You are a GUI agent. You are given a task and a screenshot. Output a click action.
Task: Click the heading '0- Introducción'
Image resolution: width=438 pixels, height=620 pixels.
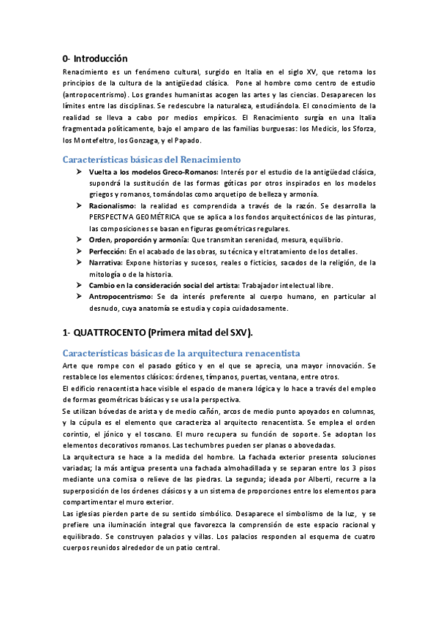[95, 58]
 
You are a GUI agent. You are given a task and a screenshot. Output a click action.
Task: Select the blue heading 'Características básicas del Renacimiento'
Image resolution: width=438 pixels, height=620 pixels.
[151, 159]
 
